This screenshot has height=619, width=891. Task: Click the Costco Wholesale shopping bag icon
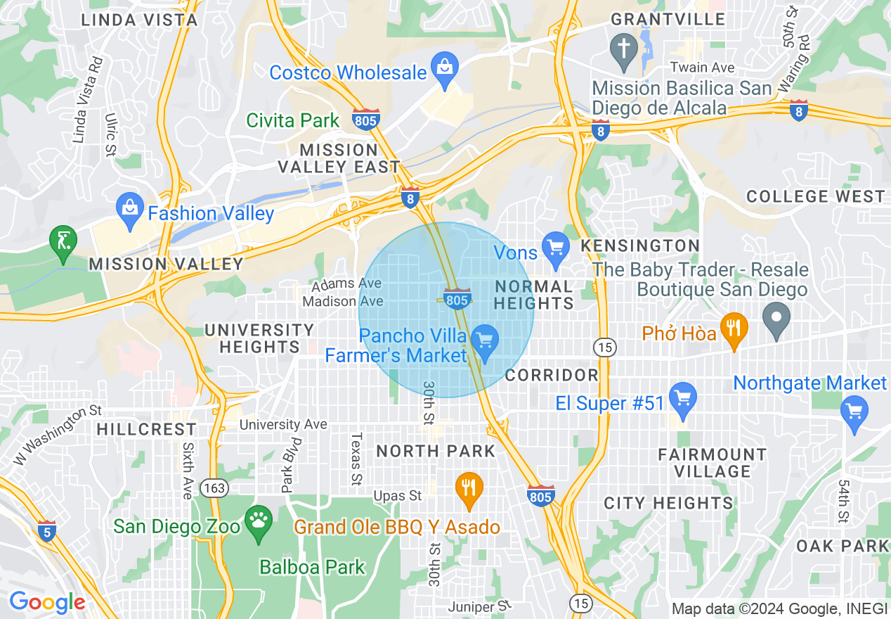[444, 68]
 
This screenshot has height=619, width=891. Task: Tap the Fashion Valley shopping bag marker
[129, 209]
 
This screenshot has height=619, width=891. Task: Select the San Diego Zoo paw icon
[259, 522]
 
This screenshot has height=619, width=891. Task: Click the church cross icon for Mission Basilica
[623, 49]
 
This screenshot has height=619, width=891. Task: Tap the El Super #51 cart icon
[682, 398]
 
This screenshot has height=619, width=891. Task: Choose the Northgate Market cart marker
[854, 411]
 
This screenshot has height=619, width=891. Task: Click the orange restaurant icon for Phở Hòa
[734, 328]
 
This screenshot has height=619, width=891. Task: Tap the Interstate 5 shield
[46, 530]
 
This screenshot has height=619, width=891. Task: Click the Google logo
[47, 602]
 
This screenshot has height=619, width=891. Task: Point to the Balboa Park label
[312, 567]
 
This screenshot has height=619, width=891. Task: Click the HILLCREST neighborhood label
[147, 429]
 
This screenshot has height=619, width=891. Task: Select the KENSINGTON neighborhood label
[639, 245]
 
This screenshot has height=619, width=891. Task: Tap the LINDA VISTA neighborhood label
[139, 20]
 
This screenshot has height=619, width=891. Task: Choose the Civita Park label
[293, 120]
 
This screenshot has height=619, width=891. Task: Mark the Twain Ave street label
[702, 68]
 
